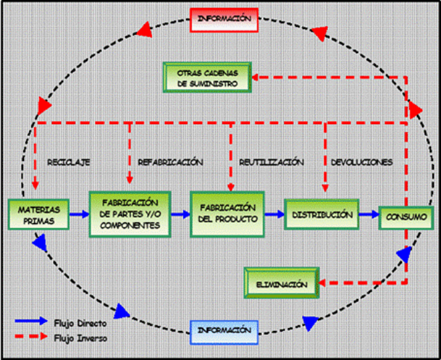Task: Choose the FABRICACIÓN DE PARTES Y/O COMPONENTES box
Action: point(130,214)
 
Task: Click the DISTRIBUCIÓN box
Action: point(323,214)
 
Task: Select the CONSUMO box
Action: point(401,216)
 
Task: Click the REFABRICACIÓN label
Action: point(170,162)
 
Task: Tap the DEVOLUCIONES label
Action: point(361,162)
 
